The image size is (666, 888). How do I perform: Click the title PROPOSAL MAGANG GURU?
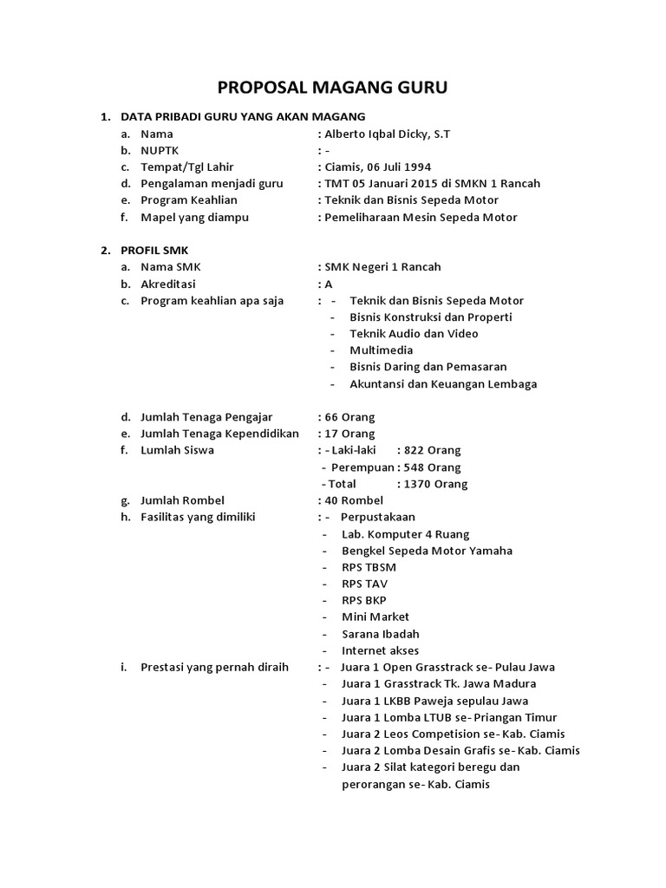pos(332,88)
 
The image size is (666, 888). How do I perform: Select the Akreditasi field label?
pos(168,284)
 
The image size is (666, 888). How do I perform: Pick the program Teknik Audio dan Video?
pos(414,334)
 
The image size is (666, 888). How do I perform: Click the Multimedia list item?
pos(381,350)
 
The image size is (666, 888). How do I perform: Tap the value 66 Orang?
pos(350,417)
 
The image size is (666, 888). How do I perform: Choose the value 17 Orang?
pos(350,434)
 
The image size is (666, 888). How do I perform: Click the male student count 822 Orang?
pos(428,450)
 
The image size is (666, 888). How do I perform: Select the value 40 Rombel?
pos(354,500)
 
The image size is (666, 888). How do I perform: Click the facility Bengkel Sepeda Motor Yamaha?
pos(427,551)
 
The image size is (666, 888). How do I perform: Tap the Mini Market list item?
pos(375,617)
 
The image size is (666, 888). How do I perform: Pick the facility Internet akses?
pos(380,650)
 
